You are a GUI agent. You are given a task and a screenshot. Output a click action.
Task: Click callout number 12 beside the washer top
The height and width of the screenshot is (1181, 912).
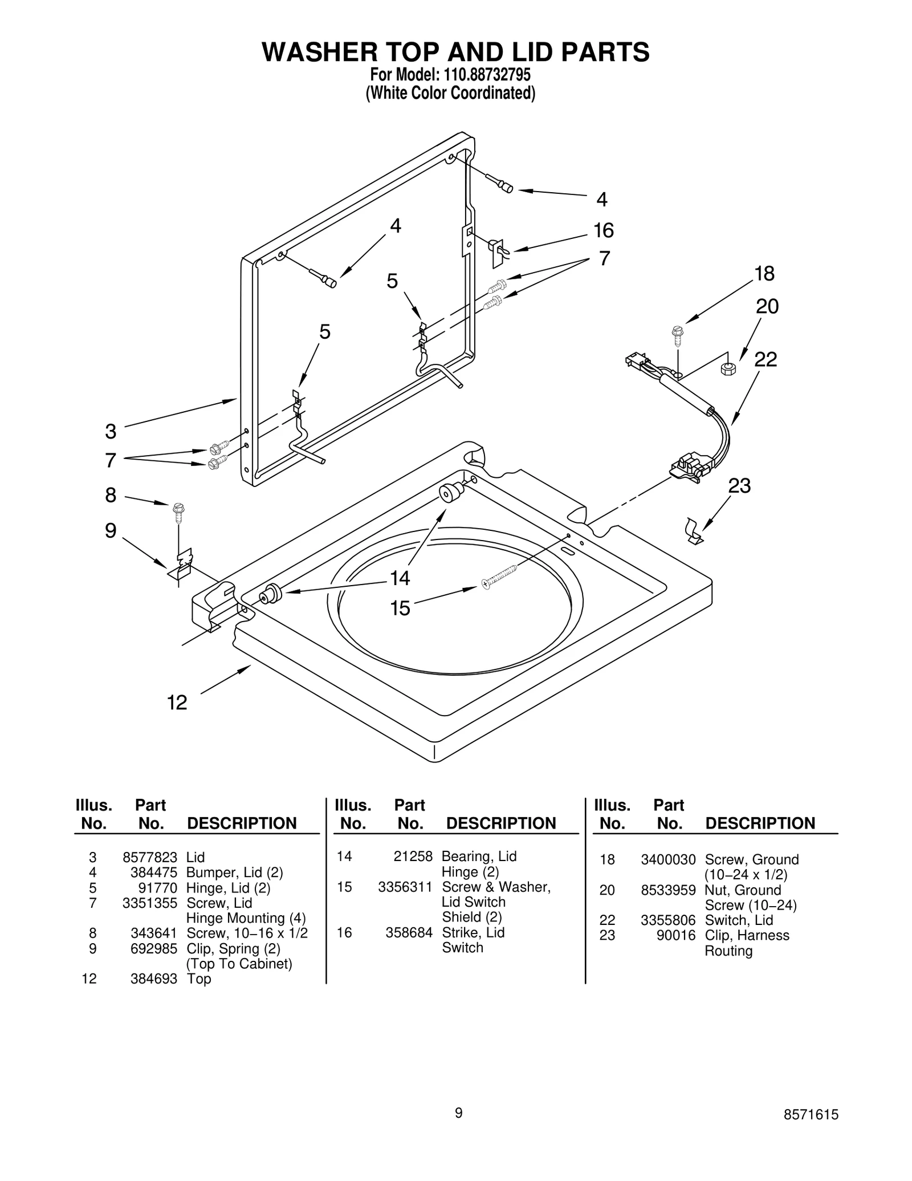[x=177, y=703]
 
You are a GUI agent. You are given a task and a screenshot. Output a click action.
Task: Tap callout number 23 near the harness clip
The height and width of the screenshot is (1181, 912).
[x=739, y=486]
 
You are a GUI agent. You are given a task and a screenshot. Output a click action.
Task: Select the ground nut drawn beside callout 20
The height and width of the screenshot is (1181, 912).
[x=728, y=368]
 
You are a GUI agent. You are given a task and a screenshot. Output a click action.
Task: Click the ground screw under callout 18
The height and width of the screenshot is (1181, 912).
[x=677, y=335]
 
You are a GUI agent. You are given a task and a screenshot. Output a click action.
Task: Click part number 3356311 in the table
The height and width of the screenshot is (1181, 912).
[x=405, y=887]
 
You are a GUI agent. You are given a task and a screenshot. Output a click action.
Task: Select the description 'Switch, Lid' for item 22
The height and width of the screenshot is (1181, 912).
[x=739, y=920]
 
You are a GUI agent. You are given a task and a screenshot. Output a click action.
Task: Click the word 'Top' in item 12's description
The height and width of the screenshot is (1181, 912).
[x=199, y=979]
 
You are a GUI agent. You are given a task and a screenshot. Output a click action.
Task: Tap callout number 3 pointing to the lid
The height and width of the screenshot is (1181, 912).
[x=111, y=432]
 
